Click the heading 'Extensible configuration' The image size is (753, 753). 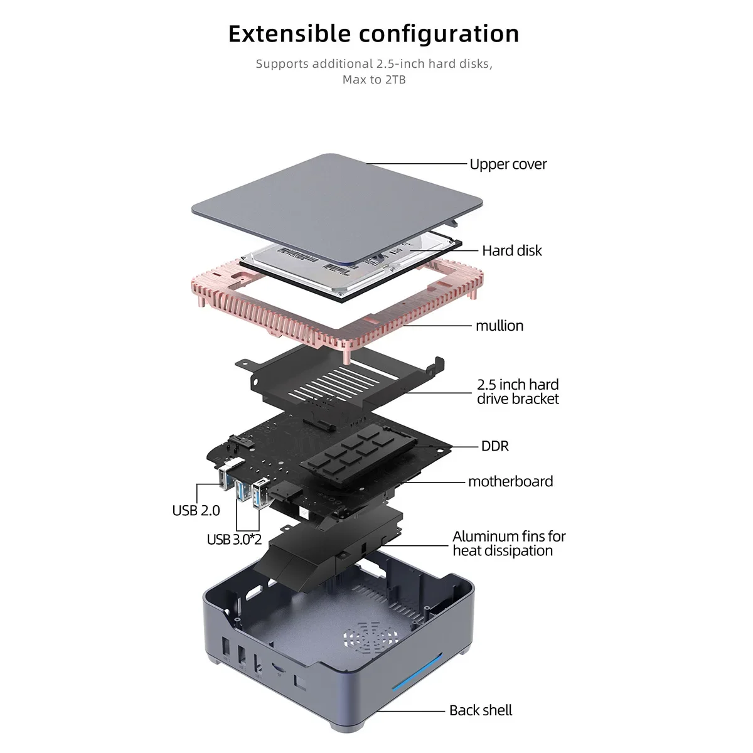(373, 34)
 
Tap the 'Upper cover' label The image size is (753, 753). (508, 164)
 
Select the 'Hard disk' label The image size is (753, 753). (511, 251)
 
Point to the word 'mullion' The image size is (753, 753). (499, 326)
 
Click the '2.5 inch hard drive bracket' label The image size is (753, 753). (517, 392)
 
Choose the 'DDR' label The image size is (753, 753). (494, 446)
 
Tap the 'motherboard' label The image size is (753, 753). (510, 482)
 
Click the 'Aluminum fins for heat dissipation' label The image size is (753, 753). (508, 543)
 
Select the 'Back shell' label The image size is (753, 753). (480, 710)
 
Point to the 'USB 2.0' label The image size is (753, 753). (196, 511)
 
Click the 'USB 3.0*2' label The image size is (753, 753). (233, 540)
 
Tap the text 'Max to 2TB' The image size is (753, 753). (373, 80)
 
